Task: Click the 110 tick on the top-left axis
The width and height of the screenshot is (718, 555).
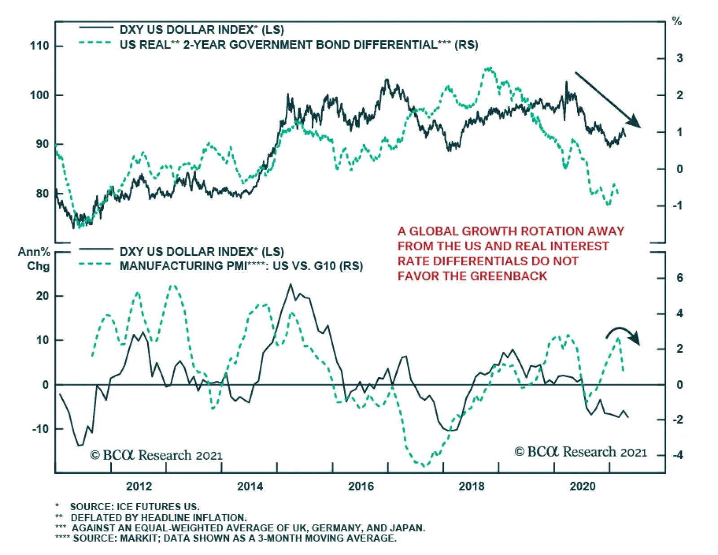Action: (x=39, y=46)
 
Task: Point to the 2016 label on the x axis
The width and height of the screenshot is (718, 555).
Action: (x=361, y=486)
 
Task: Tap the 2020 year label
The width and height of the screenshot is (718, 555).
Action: (x=582, y=486)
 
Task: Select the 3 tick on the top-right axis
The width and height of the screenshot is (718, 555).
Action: (x=679, y=58)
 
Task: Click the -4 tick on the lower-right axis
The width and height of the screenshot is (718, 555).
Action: (x=678, y=455)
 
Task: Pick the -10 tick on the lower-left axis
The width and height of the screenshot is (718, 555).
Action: (x=40, y=429)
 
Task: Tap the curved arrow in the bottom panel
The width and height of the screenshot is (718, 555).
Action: (x=623, y=335)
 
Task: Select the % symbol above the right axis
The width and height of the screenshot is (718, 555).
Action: (x=677, y=22)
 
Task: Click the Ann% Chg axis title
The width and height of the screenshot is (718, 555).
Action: (x=35, y=259)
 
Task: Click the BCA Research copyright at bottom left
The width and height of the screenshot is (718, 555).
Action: (x=156, y=455)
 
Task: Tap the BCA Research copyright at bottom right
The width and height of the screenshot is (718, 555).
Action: (x=581, y=452)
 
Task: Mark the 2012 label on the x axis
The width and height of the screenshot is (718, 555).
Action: (x=139, y=486)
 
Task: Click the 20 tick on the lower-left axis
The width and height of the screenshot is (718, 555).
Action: (x=43, y=296)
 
